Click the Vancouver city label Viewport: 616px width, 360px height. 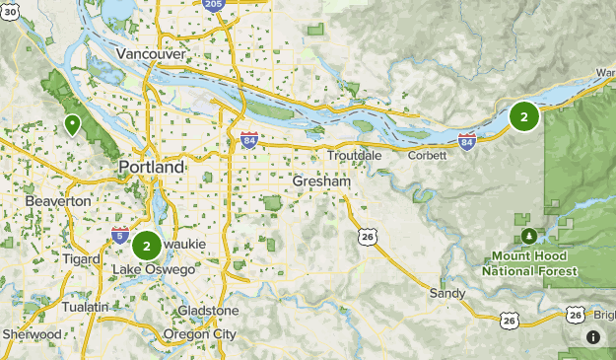point(150,53)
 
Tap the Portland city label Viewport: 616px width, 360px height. point(151,168)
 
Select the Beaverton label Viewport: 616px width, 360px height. point(59,201)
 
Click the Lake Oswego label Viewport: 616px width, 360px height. point(147,269)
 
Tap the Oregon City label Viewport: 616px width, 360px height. point(200,334)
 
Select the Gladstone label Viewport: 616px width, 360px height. point(208,311)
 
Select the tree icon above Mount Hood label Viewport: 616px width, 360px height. point(530,236)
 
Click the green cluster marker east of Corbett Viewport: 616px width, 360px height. point(523,117)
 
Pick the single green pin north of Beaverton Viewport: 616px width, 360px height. point(72,124)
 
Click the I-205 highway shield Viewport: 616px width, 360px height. point(213,5)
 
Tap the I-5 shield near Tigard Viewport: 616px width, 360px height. point(119,236)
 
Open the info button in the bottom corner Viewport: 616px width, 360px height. point(593,337)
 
